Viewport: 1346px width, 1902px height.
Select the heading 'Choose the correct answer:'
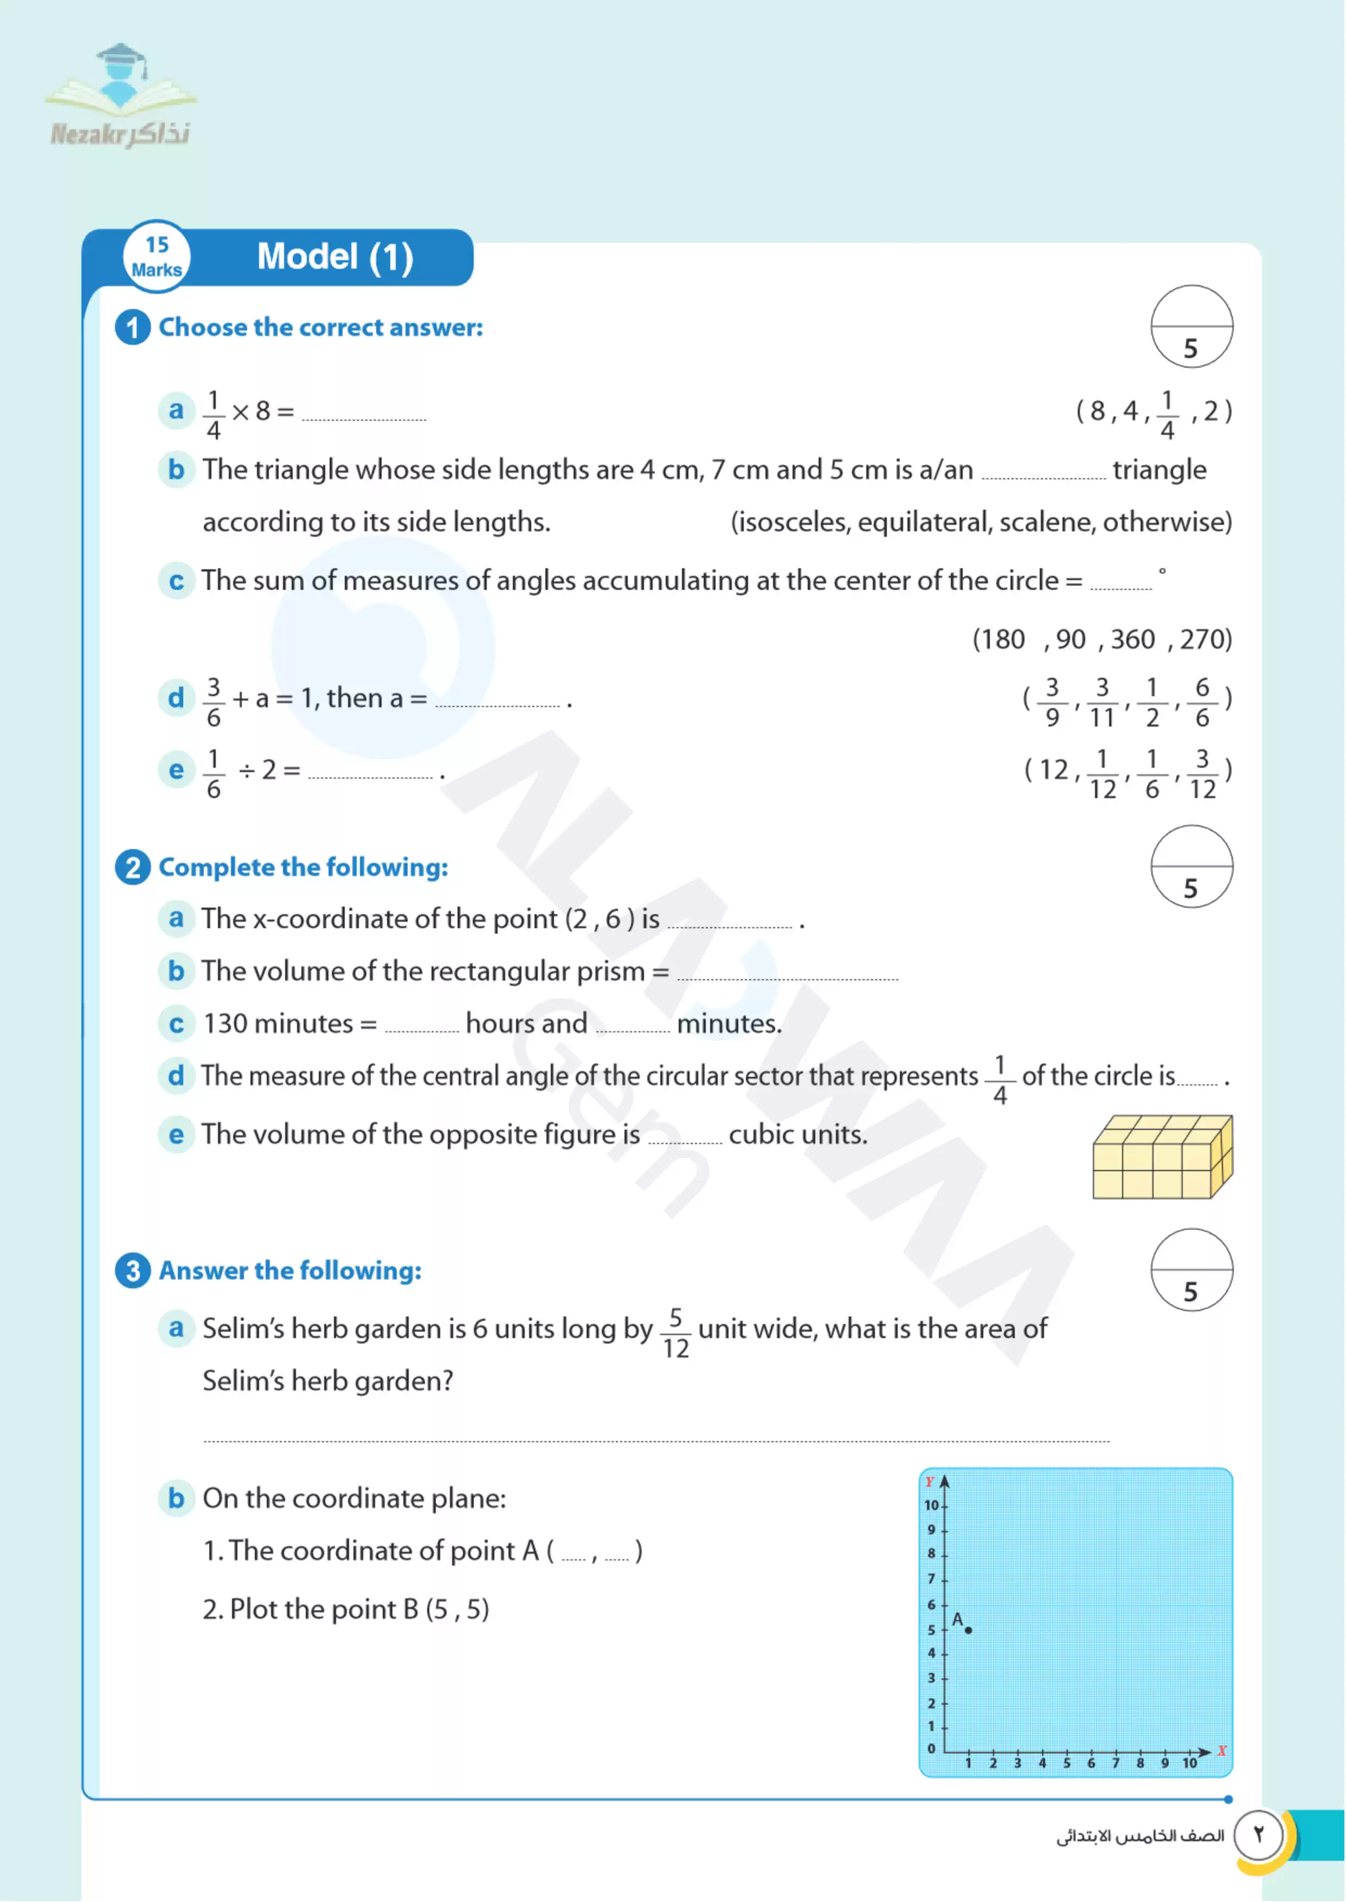(x=321, y=327)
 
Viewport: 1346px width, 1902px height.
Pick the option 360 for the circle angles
(x=1132, y=640)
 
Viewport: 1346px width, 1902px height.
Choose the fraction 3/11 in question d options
(x=1102, y=702)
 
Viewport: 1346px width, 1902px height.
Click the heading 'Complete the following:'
(x=304, y=868)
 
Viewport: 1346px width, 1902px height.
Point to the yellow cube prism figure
(x=1162, y=1157)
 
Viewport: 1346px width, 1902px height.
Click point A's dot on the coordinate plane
(x=968, y=1630)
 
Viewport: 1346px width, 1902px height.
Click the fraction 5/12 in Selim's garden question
(x=675, y=1333)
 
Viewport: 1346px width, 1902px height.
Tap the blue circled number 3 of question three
(x=133, y=1270)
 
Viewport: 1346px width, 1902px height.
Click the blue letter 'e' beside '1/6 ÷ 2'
(x=176, y=770)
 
